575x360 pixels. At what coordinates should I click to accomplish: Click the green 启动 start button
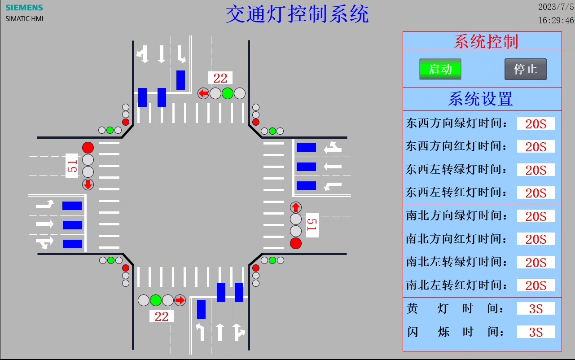point(440,69)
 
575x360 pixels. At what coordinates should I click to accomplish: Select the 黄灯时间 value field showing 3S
point(536,309)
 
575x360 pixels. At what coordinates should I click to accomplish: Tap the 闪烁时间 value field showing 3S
point(536,332)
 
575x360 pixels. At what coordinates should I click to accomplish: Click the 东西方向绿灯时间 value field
point(536,123)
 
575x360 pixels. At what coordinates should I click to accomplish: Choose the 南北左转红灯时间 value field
point(536,285)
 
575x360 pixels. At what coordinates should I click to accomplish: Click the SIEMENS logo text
point(24,8)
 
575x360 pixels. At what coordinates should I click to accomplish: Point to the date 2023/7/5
point(556,7)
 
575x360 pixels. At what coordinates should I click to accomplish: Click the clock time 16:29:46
point(556,21)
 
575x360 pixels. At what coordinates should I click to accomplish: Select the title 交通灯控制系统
point(297,14)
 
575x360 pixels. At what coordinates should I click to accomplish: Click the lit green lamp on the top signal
point(228,93)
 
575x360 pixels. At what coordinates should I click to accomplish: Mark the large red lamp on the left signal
point(88,147)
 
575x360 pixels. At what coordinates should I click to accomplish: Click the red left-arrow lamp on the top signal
point(203,93)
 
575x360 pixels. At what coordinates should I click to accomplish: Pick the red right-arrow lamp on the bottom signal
point(180,300)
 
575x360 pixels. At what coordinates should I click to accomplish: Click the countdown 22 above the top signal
point(220,78)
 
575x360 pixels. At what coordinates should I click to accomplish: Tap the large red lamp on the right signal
point(296,243)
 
